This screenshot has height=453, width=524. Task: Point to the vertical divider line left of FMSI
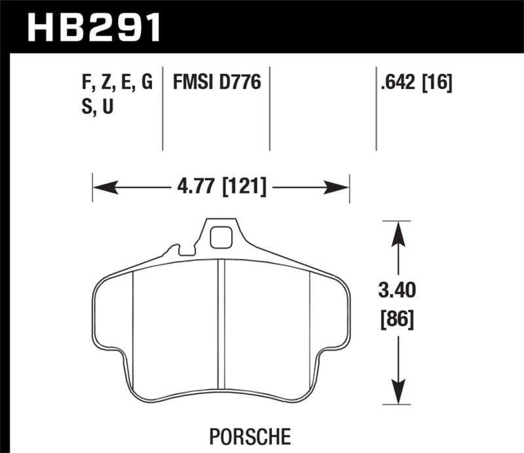[x=162, y=108]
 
